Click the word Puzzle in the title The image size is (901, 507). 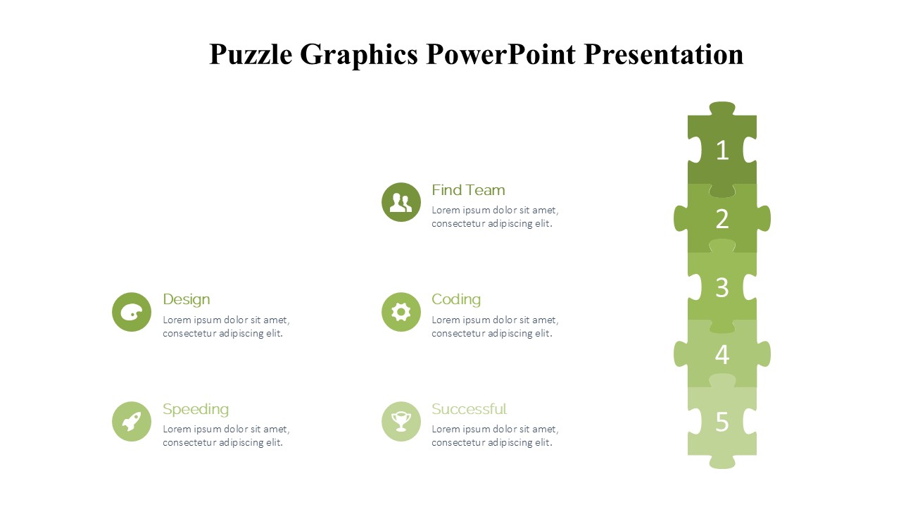pos(251,55)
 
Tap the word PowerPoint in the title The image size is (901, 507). pos(500,54)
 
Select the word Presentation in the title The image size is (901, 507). pos(664,54)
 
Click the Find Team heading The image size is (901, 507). pos(468,190)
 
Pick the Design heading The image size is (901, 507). pos(187,300)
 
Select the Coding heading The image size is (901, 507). pos(456,300)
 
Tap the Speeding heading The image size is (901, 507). pos(196,410)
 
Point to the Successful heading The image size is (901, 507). pos(469,409)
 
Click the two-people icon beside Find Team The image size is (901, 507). pos(401,202)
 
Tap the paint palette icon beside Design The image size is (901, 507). pos(132,312)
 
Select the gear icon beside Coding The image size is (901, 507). pos(401,312)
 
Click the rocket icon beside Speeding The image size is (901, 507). pos(132,421)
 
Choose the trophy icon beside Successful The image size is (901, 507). pos(401,421)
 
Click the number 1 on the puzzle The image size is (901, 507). pos(722,151)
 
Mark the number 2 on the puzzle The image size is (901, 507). pos(722,219)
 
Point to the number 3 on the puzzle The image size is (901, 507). pos(722,287)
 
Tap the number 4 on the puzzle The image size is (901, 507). pos(722,355)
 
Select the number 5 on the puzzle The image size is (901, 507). pos(722,422)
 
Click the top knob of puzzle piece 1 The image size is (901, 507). pos(722,108)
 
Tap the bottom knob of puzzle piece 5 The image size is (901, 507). pos(722,462)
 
